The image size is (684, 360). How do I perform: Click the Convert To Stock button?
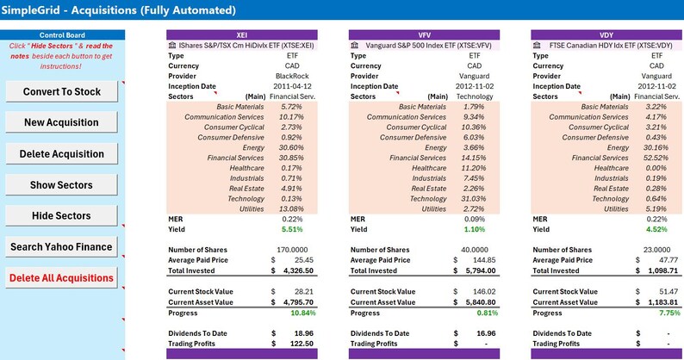(x=62, y=91)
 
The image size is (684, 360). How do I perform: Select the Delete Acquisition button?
(x=62, y=153)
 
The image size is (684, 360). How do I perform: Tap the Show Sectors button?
(x=62, y=184)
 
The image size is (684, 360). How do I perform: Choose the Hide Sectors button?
(x=62, y=215)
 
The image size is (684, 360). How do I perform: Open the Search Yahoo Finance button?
(x=62, y=246)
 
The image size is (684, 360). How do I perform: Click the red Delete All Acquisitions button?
(x=62, y=277)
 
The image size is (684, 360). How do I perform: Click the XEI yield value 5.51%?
(x=291, y=230)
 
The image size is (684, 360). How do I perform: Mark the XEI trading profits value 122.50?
(x=293, y=344)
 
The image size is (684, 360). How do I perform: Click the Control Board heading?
(x=62, y=34)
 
